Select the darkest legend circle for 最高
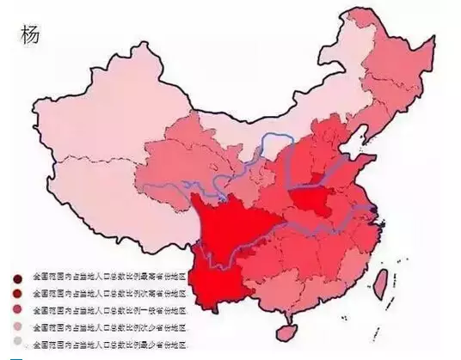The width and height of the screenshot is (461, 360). [17, 278]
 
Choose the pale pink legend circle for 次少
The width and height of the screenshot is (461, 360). [17, 327]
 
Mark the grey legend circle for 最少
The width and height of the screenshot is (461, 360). [17, 343]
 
